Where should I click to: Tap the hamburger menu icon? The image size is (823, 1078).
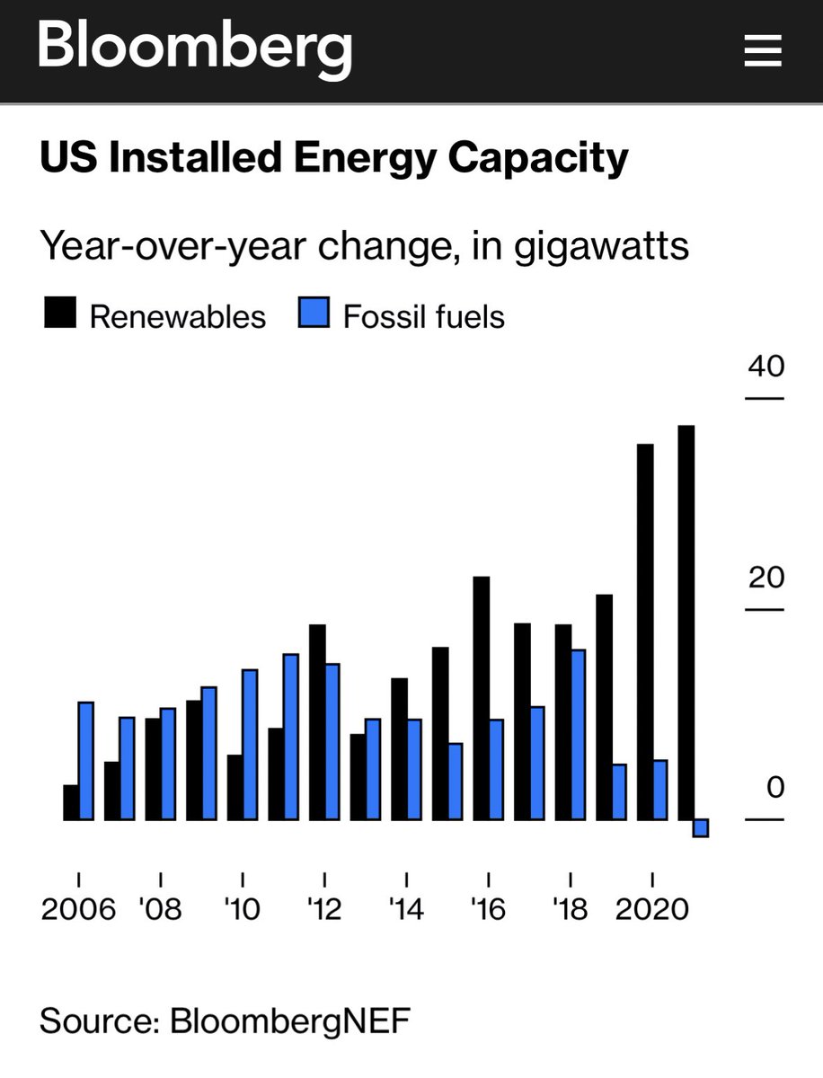pos(764,51)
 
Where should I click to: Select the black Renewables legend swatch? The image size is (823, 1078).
pos(59,315)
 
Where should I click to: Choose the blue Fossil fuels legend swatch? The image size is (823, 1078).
pos(314,315)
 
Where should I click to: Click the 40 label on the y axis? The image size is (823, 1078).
pos(765,367)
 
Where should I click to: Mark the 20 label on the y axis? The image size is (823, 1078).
pos(765,578)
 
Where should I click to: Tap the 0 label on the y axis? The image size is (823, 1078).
pos(774,788)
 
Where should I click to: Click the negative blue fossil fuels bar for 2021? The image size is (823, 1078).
pos(701,827)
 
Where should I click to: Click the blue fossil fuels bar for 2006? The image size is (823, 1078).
pos(86,760)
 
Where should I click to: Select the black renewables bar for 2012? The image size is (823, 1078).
pos(316,721)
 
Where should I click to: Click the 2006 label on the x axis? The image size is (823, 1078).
pos(78,909)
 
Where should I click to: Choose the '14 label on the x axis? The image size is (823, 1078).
pos(406,909)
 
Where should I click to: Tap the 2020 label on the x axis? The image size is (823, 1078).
pos(651,909)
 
